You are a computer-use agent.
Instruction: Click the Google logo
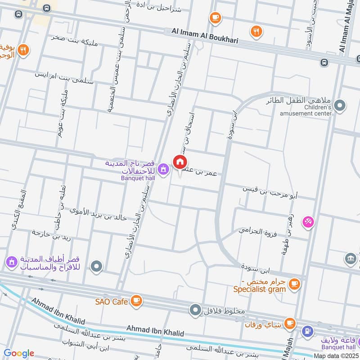coord(18,353)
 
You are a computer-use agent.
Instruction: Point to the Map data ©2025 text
coord(336,355)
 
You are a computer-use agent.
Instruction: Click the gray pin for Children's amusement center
coord(341,106)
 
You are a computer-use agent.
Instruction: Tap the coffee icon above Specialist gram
coord(294,283)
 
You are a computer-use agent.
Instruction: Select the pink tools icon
coord(308,222)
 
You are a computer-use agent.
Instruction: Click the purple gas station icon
coord(308,332)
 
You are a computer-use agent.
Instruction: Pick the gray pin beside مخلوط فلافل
coord(195,310)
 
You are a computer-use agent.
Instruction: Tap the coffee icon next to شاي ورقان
coord(290,323)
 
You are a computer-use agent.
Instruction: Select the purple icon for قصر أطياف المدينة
coord(11,261)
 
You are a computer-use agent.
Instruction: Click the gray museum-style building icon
coord(351,259)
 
